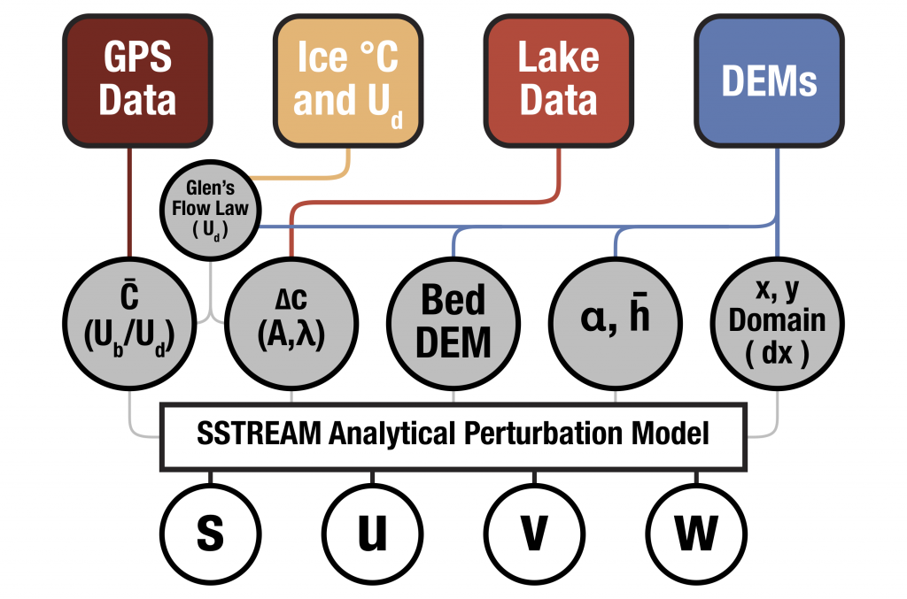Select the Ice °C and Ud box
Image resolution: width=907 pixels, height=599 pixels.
point(346,81)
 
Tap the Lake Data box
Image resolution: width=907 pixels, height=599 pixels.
point(557,81)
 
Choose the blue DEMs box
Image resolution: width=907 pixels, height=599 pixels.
point(768,81)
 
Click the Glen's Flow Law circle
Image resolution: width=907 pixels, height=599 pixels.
point(211,214)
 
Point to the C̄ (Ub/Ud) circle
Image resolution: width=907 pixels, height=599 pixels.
point(130,319)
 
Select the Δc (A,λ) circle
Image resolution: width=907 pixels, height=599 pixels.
point(291,319)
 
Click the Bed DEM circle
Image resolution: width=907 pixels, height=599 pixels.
point(453,319)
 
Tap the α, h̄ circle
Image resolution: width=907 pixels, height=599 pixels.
point(616,319)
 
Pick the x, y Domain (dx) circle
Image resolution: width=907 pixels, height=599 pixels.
point(777,319)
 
